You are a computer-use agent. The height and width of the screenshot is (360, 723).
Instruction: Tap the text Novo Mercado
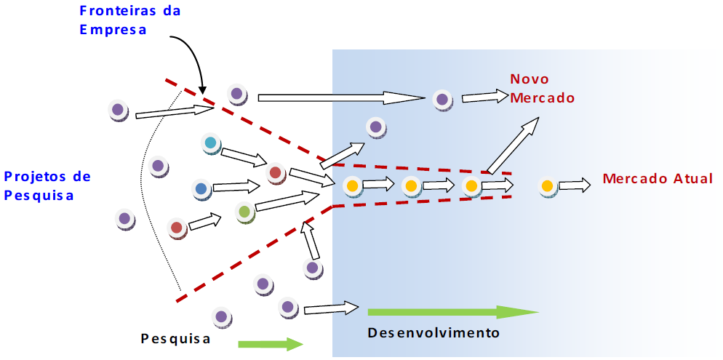[541, 88]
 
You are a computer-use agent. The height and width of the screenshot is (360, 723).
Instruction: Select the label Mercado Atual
[658, 178]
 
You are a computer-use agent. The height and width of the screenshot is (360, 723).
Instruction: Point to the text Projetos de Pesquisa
[47, 185]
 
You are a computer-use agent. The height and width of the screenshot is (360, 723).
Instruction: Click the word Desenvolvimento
[434, 333]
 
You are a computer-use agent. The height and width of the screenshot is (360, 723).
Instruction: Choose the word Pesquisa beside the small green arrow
[175, 338]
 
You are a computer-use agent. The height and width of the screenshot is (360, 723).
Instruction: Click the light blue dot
[210, 143]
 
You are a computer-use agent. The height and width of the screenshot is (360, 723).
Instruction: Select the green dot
[244, 212]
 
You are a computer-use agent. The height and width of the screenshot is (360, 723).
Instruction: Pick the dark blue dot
[201, 189]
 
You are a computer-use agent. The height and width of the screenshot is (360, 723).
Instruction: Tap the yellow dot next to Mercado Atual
[547, 186]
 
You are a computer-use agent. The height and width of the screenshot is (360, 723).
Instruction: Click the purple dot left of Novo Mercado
[442, 99]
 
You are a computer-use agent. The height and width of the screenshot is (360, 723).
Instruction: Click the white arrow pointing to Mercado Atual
[575, 185]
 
